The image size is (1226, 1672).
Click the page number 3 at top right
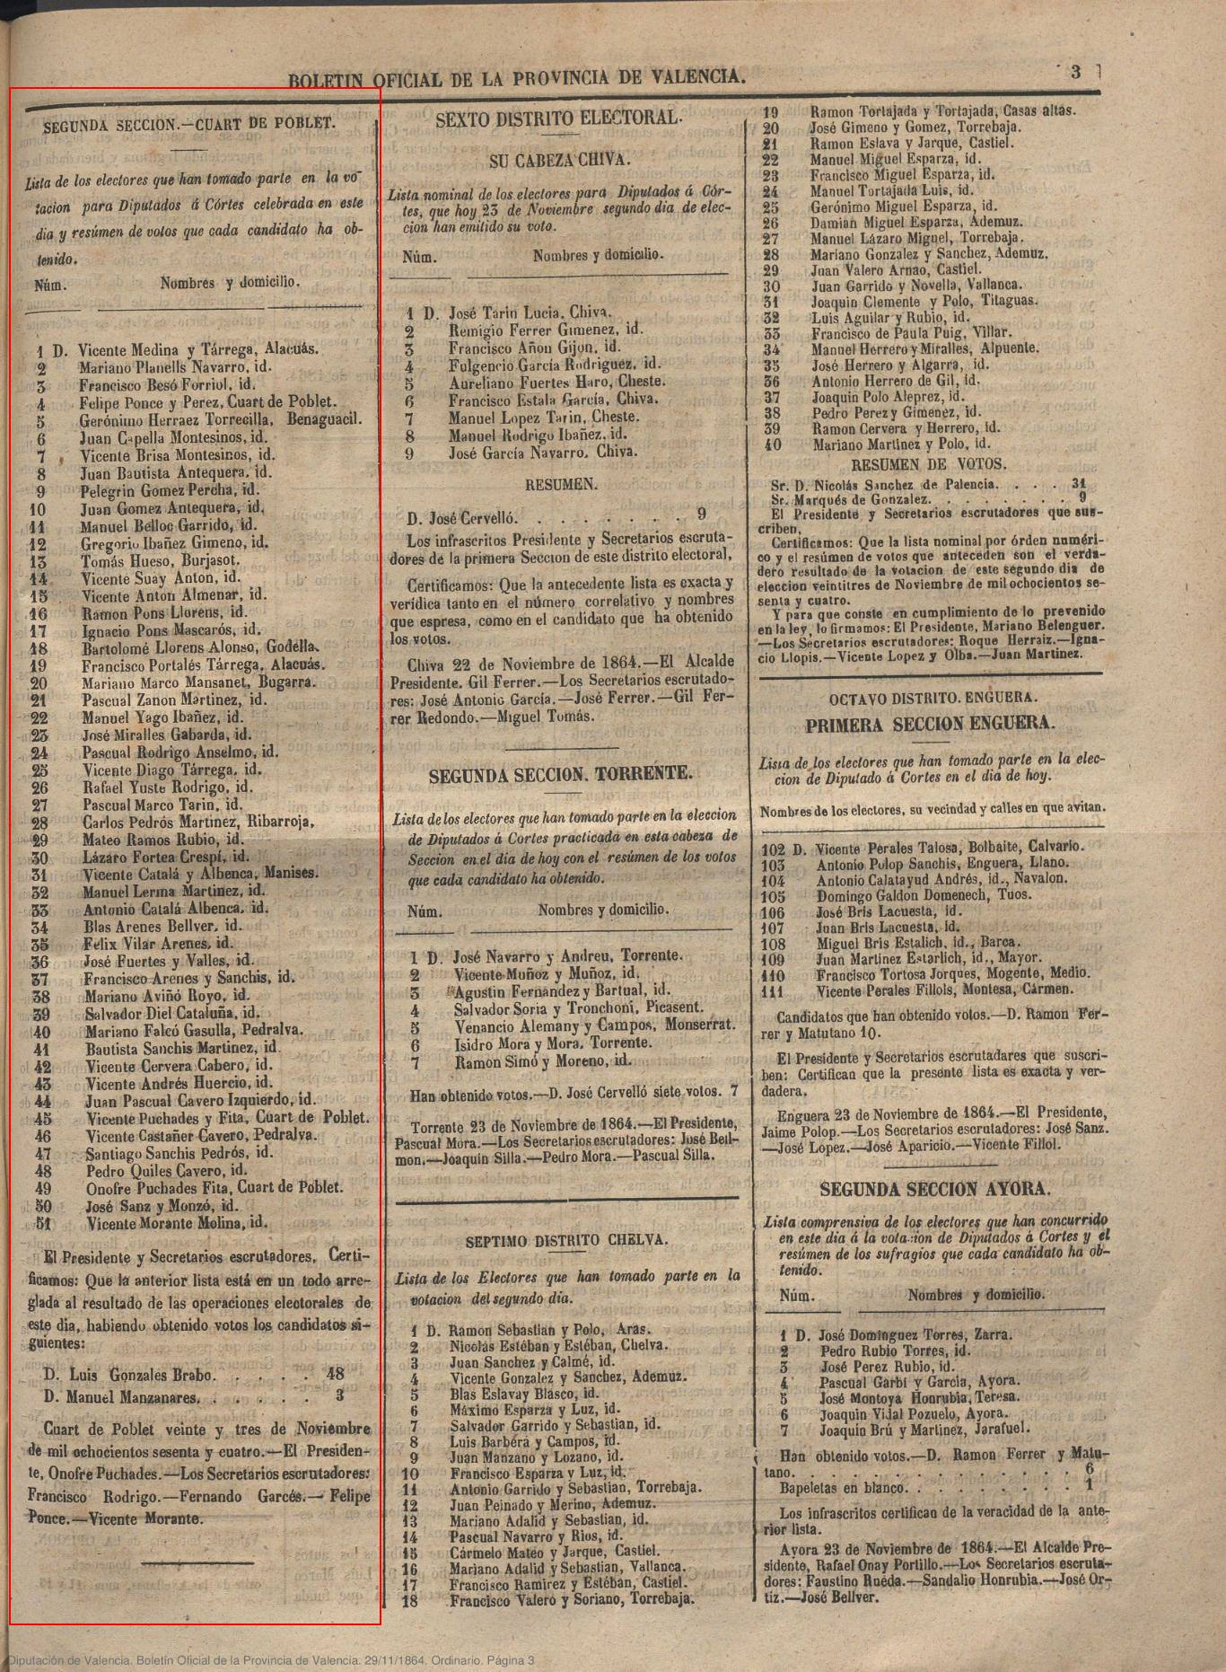pyautogui.click(x=1075, y=74)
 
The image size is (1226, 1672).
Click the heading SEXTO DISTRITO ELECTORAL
pyautogui.click(x=558, y=118)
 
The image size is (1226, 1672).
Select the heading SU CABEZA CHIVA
pyautogui.click(x=559, y=161)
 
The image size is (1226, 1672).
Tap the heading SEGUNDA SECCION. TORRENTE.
pyautogui.click(x=560, y=775)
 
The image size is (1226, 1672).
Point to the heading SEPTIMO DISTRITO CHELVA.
pyautogui.click(x=566, y=1240)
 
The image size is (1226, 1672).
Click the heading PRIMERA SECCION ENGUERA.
pyautogui.click(x=930, y=725)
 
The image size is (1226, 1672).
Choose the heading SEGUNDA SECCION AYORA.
pyautogui.click(x=933, y=1189)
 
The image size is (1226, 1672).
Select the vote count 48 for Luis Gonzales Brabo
pyautogui.click(x=336, y=1374)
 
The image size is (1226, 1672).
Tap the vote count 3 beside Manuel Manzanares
pyautogui.click(x=339, y=1395)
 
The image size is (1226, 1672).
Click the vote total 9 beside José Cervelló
pyautogui.click(x=701, y=515)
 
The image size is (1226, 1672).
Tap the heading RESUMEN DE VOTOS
pyautogui.click(x=928, y=464)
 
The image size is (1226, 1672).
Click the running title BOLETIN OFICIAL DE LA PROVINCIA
pyautogui.click(x=516, y=78)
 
